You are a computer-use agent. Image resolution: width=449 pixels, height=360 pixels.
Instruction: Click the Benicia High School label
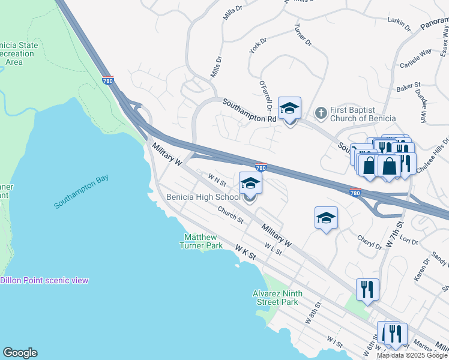tap(203, 197)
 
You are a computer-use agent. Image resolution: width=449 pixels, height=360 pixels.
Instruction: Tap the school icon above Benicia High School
tap(250, 183)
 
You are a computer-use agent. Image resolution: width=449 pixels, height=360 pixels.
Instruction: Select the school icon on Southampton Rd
tap(289, 109)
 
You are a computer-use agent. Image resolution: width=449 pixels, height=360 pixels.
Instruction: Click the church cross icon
tap(321, 112)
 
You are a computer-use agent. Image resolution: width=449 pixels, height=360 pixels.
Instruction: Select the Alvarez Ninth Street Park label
tap(277, 298)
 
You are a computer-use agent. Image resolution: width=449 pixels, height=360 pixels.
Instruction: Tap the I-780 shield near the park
tap(108, 80)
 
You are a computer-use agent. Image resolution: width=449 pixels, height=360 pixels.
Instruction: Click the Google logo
tap(20, 353)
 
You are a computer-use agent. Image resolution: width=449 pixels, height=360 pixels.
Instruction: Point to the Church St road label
tap(231, 215)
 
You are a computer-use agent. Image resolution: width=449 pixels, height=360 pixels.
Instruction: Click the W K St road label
tap(246, 252)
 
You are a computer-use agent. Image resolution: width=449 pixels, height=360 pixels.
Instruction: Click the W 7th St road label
tap(393, 235)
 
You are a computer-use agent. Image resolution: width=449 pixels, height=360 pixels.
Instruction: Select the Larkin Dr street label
tap(399, 24)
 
